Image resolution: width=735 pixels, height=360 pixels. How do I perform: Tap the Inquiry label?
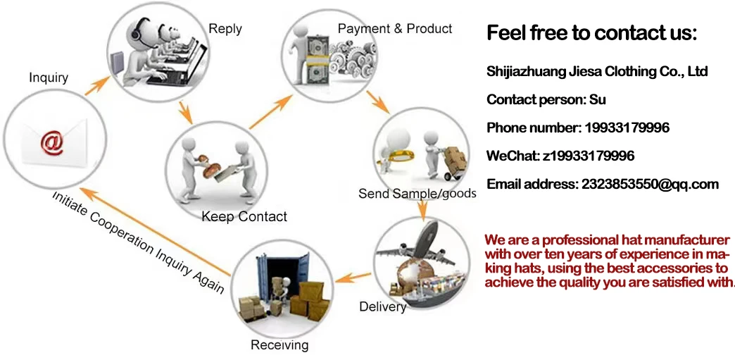(x=49, y=77)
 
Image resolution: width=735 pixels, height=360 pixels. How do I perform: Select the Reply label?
(x=225, y=29)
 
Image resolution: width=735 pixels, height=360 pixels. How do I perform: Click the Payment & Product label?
(x=395, y=29)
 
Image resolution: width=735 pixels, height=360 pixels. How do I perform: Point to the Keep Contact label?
(x=244, y=216)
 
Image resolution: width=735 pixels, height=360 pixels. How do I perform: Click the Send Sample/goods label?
(x=417, y=193)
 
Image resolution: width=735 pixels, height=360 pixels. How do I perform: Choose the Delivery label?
(x=382, y=306)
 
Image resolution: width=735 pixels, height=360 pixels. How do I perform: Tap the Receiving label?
(x=279, y=345)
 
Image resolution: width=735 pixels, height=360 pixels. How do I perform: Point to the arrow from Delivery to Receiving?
(x=352, y=276)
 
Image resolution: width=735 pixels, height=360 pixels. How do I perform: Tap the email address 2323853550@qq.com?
(x=650, y=185)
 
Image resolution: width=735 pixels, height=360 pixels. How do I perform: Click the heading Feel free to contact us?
(x=591, y=33)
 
